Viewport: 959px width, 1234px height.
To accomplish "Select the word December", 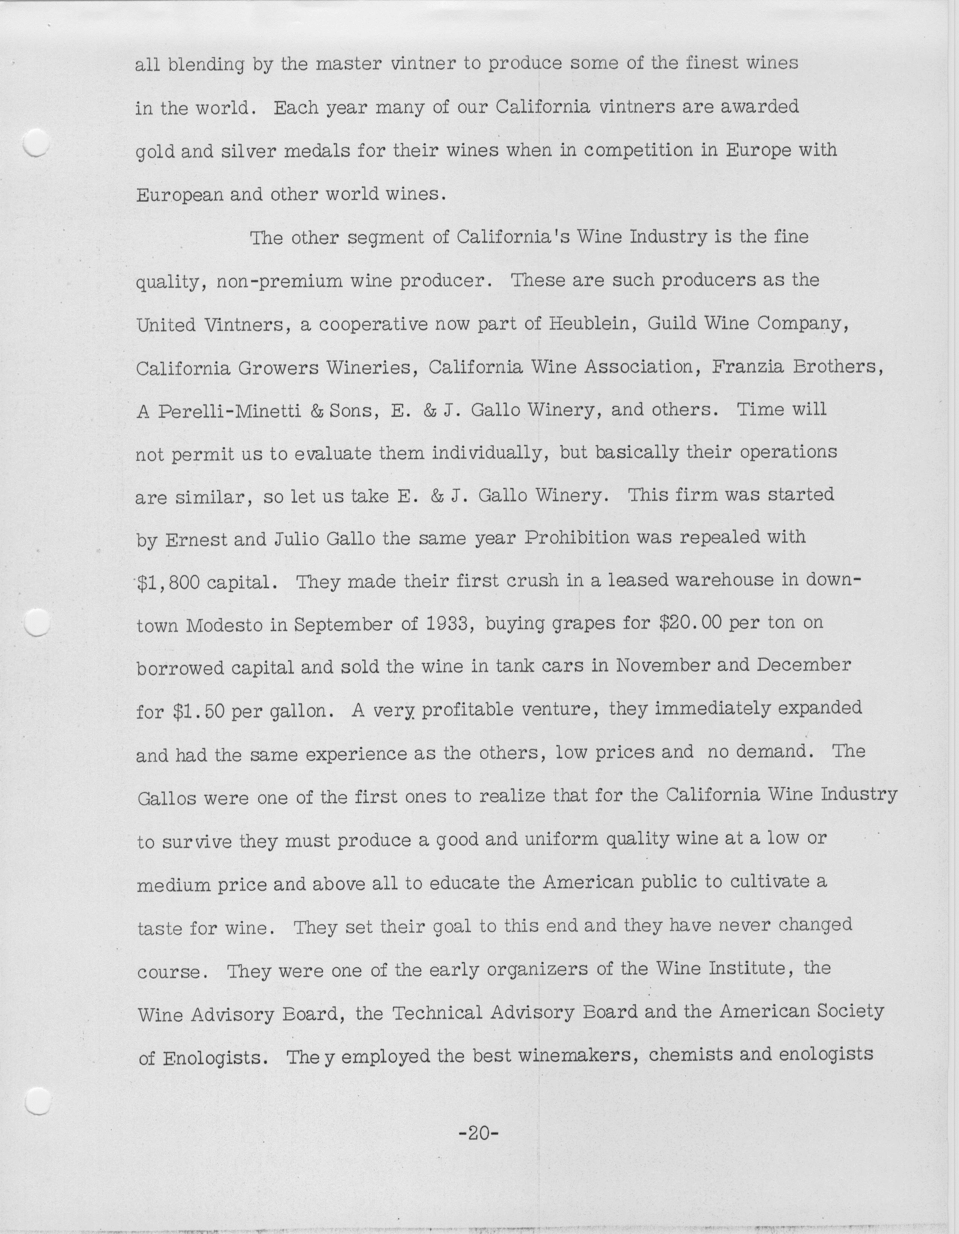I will pos(803,666).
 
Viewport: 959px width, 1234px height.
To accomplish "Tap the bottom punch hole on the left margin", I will pos(38,1102).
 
